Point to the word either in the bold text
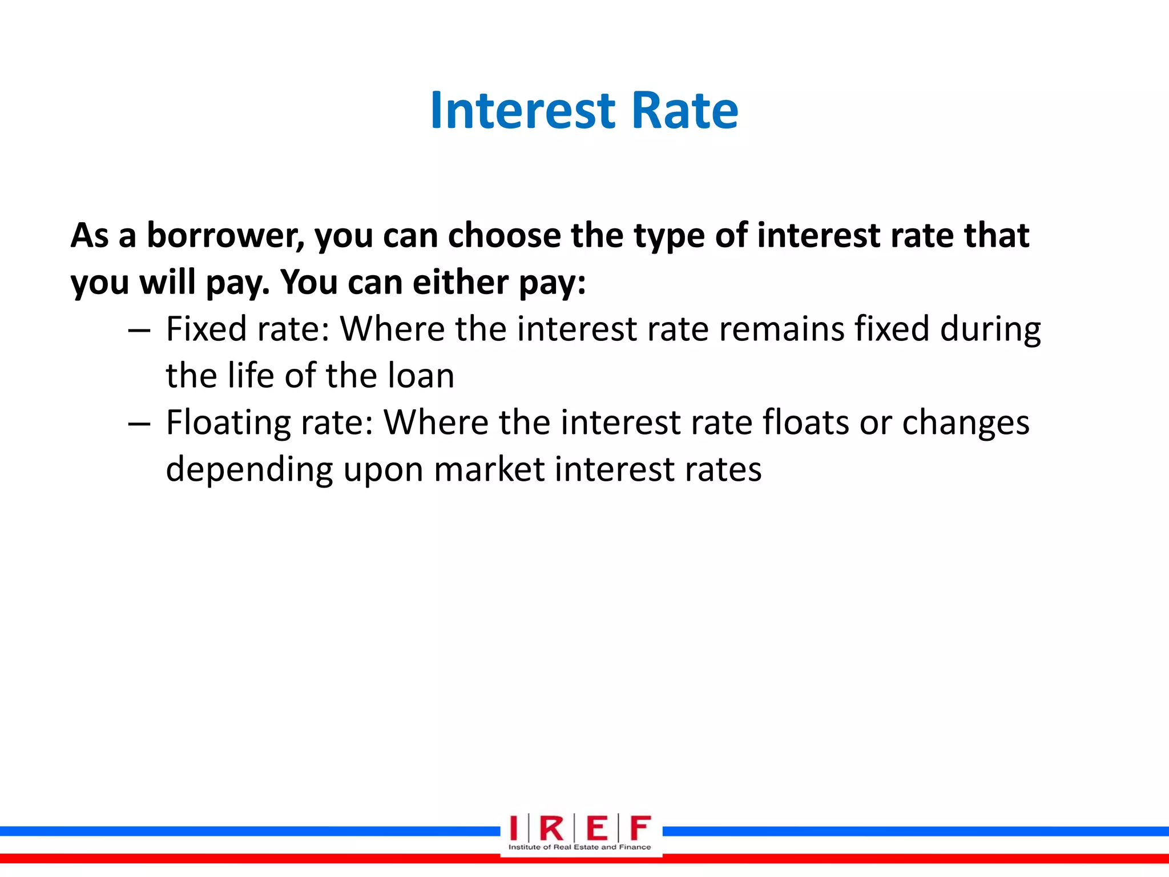pyautogui.click(x=460, y=282)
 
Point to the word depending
pyautogui.click(x=249, y=470)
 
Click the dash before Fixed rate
pyautogui.click(x=139, y=331)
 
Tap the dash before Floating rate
pyautogui.click(x=139, y=424)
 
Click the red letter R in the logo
pyautogui.click(x=551, y=828)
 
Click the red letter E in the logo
pyautogui.click(x=596, y=828)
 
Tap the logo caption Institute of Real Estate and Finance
pyautogui.click(x=579, y=847)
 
